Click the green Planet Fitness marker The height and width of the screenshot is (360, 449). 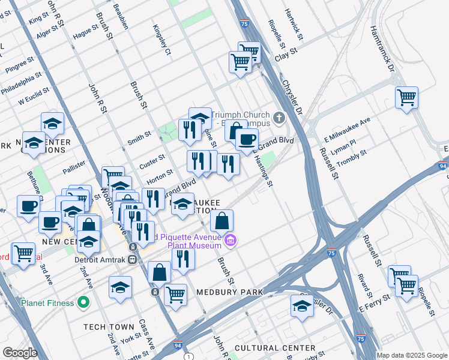pyautogui.click(x=83, y=302)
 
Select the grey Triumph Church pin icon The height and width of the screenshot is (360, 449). pyautogui.click(x=279, y=116)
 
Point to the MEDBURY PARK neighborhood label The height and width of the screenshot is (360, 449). pyautogui.click(x=231, y=292)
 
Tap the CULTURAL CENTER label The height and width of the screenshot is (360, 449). pyautogui.click(x=275, y=348)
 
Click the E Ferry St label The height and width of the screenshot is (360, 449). pyautogui.click(x=375, y=302)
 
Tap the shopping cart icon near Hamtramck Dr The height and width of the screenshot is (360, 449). pyautogui.click(x=406, y=97)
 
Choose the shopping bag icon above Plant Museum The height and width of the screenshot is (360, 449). pyautogui.click(x=221, y=220)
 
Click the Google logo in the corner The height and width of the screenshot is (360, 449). pyautogui.click(x=20, y=353)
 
